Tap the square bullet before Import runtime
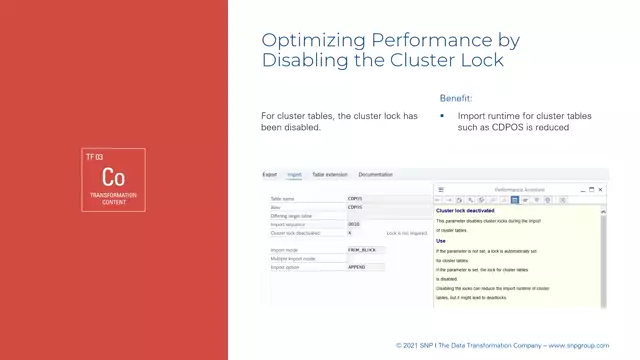pyautogui.click(x=443, y=116)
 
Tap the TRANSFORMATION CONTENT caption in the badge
pyautogui.click(x=113, y=198)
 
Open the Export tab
pyautogui.click(x=270, y=175)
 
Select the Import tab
pyautogui.click(x=294, y=175)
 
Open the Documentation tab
pyautogui.click(x=375, y=175)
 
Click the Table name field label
pyautogui.click(x=283, y=199)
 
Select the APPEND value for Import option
pyautogui.click(x=356, y=268)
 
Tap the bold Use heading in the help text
pyautogui.click(x=441, y=241)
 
